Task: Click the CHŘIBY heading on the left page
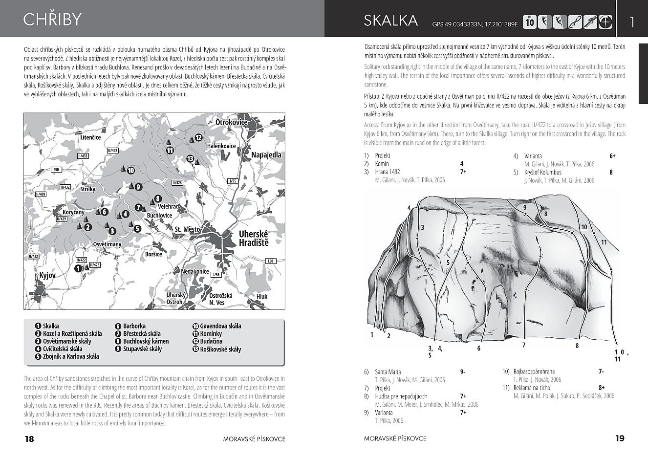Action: tap(52, 20)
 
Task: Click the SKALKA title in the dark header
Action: tap(390, 21)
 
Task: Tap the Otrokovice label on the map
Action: tap(232, 122)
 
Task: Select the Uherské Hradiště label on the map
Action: tap(253, 239)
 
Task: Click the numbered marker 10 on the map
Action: tap(130, 171)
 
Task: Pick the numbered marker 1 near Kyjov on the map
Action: tap(78, 268)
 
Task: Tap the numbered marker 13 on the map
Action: tap(190, 158)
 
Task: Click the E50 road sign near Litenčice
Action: tap(57, 170)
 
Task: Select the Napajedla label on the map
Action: tap(266, 155)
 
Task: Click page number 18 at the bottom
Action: tap(29, 438)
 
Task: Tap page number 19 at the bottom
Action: tap(620, 438)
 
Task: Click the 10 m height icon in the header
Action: tap(529, 22)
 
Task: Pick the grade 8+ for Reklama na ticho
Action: tap(602, 388)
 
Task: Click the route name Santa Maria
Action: tap(388, 372)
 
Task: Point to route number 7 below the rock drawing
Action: tap(523, 345)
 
